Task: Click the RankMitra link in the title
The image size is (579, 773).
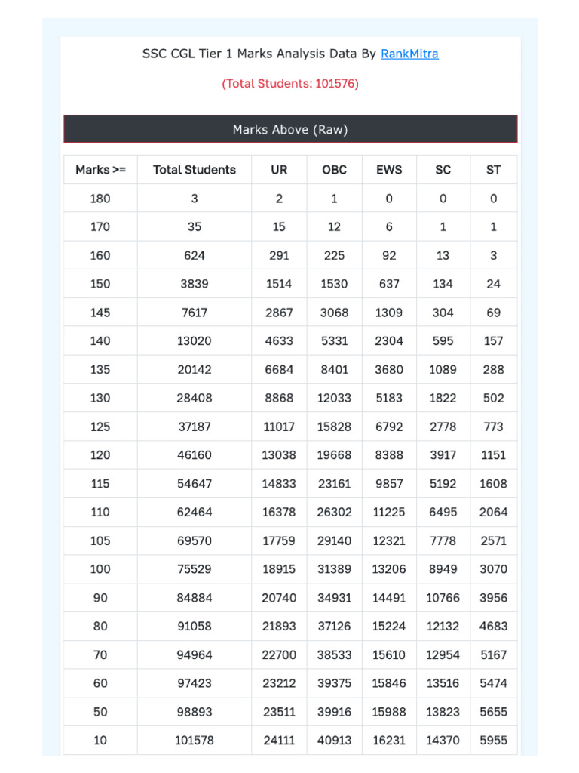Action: point(409,54)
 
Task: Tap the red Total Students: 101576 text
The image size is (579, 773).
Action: point(290,83)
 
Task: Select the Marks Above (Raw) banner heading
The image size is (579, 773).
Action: point(290,130)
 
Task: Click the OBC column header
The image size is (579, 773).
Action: point(335,170)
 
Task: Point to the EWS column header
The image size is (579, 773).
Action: point(389,170)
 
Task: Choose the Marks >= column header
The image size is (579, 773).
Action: point(100,170)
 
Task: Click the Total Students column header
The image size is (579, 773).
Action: point(195,170)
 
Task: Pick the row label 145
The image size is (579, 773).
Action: point(100,313)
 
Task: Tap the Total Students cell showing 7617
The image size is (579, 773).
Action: point(195,313)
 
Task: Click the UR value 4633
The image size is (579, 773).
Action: point(279,341)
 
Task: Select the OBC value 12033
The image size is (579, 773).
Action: point(335,398)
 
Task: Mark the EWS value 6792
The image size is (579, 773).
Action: point(389,427)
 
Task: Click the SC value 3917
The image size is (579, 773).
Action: point(443,455)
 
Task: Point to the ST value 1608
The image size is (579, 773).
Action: point(493,484)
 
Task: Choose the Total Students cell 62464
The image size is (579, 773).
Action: point(195,512)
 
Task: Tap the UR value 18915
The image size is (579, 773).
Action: point(279,569)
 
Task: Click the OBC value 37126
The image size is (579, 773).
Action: point(335,626)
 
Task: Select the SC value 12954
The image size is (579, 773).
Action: point(443,654)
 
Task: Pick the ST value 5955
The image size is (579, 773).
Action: point(493,741)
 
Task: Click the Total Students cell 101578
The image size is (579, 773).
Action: point(195,741)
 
